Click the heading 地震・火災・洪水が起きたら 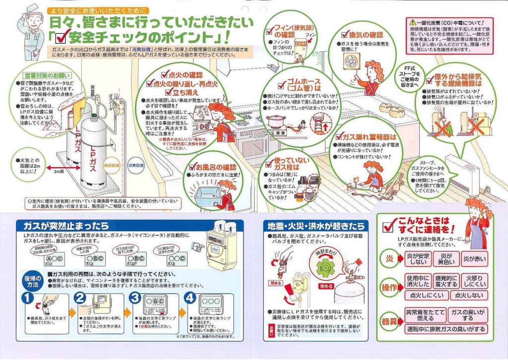[316, 226]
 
